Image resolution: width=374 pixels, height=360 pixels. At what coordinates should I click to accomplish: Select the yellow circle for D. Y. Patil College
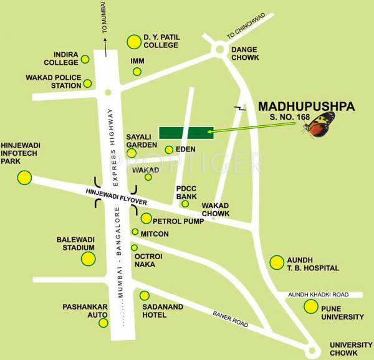pos(134,42)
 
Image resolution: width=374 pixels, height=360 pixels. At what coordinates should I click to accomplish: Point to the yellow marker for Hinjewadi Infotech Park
pos(24,177)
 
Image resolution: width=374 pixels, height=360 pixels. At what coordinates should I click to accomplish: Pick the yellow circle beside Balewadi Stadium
pos(88,258)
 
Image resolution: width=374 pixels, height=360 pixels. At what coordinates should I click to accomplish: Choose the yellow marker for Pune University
pos(310,306)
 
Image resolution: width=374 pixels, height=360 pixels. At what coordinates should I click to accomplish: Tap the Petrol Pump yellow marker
pos(146,219)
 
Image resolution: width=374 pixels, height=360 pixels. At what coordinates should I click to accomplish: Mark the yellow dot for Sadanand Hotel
pos(145,296)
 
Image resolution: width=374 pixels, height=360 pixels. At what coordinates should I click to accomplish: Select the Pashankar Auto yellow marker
pos(103,323)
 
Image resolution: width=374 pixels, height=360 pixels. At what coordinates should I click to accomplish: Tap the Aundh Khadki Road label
pos(324,295)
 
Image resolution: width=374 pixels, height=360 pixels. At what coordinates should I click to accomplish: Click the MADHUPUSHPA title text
pos(306,107)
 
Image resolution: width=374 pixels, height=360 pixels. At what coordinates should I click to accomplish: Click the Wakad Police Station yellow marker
pos(88,83)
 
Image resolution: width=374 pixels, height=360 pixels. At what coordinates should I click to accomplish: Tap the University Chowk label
pos(350,348)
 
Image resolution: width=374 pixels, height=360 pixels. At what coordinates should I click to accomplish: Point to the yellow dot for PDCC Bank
pos(185,204)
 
